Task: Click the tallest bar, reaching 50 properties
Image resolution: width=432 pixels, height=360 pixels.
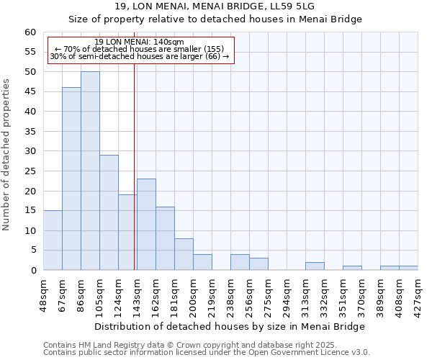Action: [90, 171]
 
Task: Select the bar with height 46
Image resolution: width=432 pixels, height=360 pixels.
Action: [71, 179]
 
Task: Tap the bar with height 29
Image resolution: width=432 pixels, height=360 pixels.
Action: [109, 212]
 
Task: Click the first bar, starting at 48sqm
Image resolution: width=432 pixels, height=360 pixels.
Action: [53, 240]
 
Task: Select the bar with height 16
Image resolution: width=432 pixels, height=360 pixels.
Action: [165, 238]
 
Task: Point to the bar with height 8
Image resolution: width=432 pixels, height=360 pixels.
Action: [184, 254]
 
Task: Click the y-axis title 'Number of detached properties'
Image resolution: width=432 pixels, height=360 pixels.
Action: [7, 155]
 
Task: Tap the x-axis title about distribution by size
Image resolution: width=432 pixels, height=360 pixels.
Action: [230, 326]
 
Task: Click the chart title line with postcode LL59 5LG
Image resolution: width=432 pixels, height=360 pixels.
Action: [215, 6]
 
